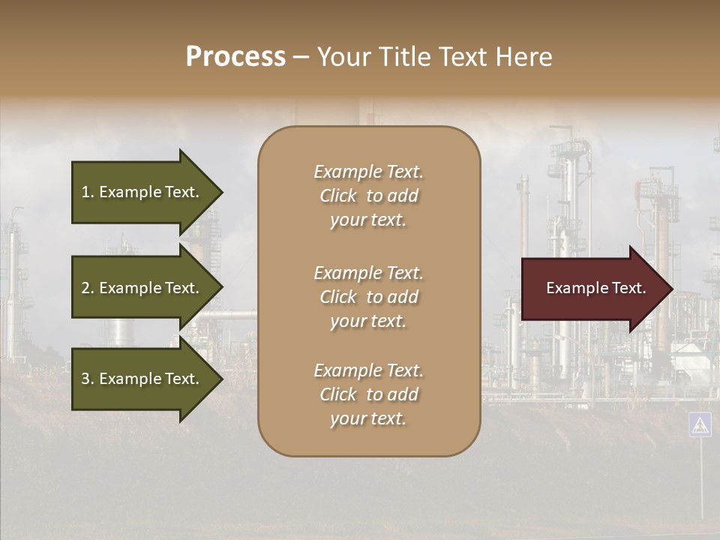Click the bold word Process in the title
[235, 57]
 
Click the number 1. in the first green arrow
[88, 192]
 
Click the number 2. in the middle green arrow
[88, 288]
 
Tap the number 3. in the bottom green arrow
[88, 379]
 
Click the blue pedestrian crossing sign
[700, 424]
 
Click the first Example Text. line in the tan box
[368, 172]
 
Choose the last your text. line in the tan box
[368, 418]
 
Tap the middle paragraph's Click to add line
[368, 297]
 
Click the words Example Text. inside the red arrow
[596, 288]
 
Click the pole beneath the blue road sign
[701, 480]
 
